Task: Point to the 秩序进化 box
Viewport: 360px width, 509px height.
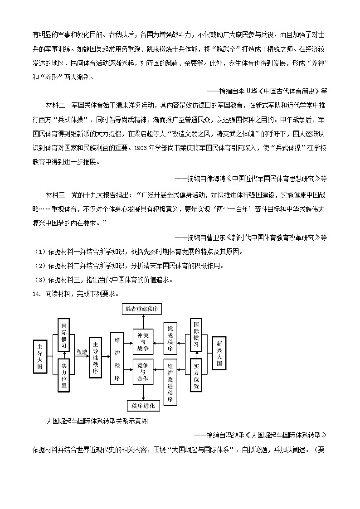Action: [x=143, y=405]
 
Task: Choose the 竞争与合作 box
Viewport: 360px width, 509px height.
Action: [x=143, y=372]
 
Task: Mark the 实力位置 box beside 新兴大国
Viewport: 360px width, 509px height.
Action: [x=196, y=376]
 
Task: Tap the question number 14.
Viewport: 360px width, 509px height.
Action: [x=37, y=293]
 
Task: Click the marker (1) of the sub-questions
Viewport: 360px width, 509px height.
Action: [x=39, y=252]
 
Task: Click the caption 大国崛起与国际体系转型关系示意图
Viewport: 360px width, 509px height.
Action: [x=97, y=421]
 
